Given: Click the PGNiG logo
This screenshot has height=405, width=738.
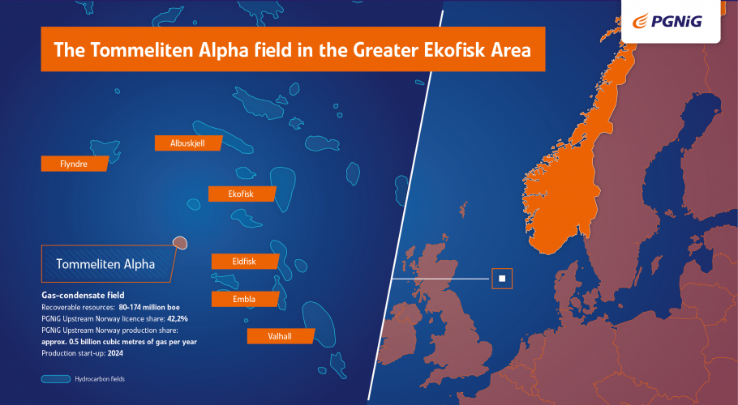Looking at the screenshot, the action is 667,21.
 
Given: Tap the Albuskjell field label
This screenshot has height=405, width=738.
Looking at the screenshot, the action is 188,143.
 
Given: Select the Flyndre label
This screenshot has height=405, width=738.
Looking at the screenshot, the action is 75,164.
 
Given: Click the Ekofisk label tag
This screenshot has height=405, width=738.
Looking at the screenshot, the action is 242,194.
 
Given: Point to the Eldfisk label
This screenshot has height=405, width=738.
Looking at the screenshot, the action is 245,262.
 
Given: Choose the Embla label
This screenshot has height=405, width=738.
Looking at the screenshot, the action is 245,299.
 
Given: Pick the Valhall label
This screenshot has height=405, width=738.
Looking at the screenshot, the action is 281,336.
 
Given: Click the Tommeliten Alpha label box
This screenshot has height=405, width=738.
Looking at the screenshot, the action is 107,263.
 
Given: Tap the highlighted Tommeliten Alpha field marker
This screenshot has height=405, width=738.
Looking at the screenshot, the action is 180,243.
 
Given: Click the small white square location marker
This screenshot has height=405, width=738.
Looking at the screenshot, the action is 502,279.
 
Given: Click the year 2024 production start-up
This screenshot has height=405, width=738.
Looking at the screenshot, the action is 115,353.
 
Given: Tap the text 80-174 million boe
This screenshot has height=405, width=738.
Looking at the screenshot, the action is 149,307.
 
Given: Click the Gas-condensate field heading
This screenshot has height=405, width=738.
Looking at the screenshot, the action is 83,295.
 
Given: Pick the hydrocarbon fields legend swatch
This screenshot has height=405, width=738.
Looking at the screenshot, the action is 56,379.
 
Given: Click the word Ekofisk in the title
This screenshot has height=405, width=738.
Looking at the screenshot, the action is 453,49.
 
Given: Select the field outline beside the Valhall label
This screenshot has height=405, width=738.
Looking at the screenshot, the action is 319,323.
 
